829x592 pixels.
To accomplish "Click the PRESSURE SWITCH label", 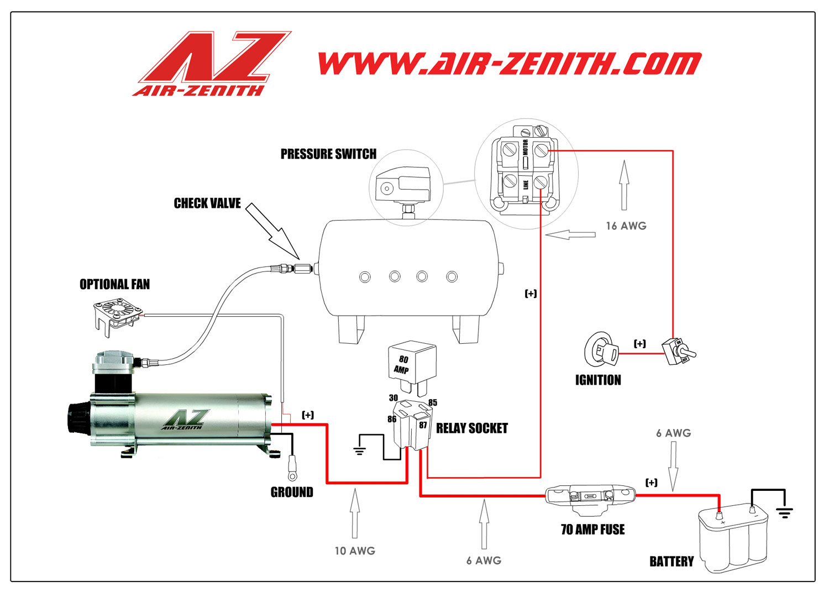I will click(328, 154).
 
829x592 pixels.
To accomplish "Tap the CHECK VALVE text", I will click(207, 203).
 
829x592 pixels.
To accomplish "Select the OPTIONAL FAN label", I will click(114, 284).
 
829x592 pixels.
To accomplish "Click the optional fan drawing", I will click(117, 315).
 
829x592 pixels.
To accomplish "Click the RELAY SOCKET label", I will click(471, 428).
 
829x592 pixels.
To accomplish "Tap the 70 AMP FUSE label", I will click(592, 530).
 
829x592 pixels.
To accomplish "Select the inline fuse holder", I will click(590, 496).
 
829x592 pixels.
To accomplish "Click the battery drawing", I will click(733, 539).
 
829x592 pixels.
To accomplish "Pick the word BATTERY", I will click(671, 562).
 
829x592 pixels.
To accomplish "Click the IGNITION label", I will click(598, 380).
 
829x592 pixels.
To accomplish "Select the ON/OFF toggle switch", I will click(679, 350).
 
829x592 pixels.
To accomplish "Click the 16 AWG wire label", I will click(626, 226).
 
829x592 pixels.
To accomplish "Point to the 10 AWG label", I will click(355, 551).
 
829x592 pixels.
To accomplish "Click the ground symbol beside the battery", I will click(784, 512).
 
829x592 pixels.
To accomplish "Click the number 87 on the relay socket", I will click(423, 425).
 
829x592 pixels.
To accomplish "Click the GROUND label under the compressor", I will click(292, 492).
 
